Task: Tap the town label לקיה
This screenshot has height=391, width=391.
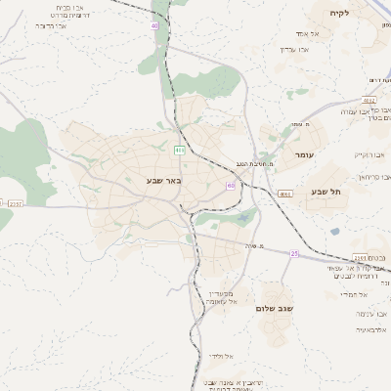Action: click(366, 13)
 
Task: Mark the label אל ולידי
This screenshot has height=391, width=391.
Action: click(219, 355)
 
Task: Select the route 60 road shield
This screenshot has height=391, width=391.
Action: click(230, 184)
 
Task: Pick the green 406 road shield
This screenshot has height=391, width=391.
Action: click(179, 150)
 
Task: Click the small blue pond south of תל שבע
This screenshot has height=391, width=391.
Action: click(335, 232)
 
